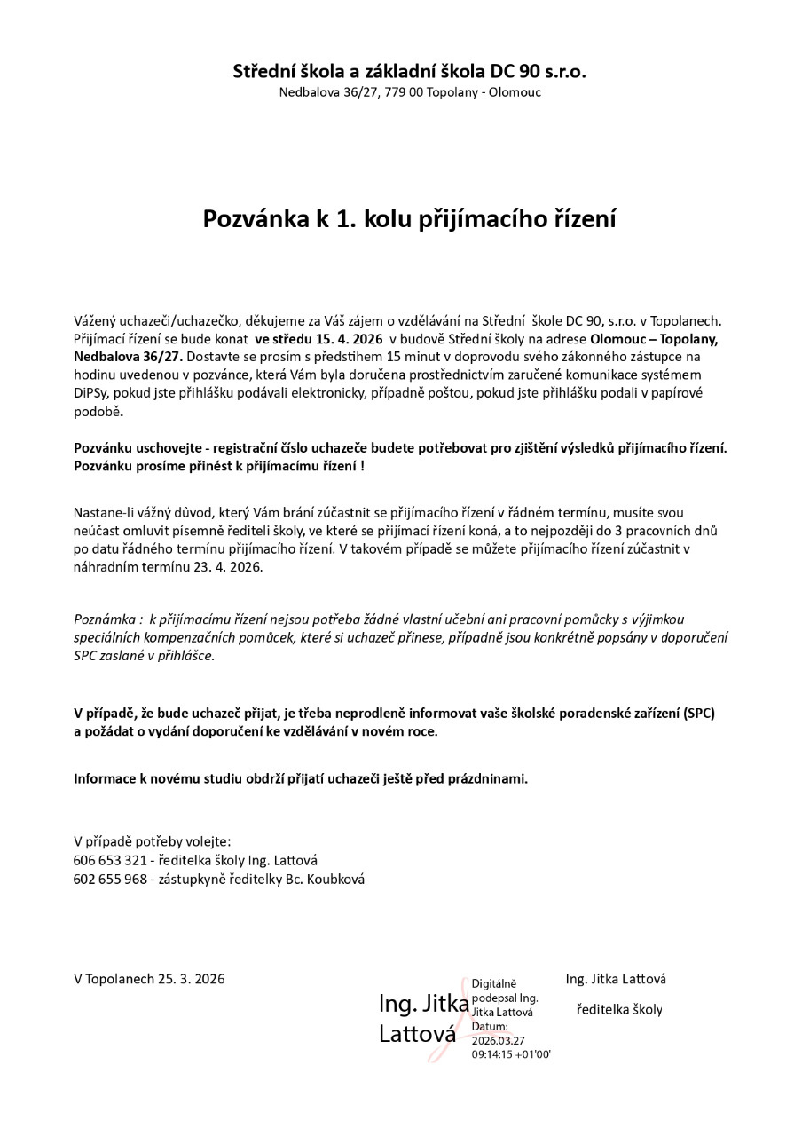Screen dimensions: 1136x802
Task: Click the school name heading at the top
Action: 409,71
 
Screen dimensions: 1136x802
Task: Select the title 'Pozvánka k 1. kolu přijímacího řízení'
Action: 409,219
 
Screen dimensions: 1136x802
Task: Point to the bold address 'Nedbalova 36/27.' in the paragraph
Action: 128,356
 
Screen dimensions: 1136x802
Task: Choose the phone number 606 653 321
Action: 110,860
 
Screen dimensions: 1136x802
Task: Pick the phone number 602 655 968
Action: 110,879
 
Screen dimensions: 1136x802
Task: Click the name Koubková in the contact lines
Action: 335,879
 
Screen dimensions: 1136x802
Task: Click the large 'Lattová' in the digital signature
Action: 417,1034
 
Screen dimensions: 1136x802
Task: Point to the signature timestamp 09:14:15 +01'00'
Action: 512,1054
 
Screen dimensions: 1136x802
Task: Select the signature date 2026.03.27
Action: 499,1040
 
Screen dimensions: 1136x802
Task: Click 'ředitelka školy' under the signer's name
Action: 619,1009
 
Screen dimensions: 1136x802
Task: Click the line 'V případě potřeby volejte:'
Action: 152,840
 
